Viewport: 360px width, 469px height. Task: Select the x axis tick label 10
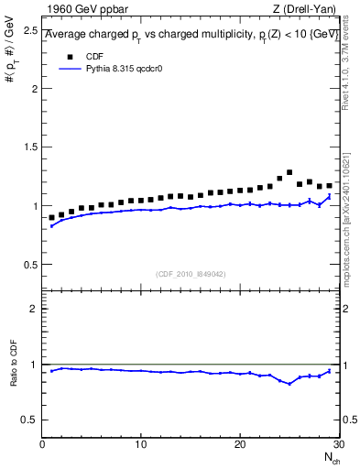(140, 444)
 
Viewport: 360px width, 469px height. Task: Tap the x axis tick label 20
(239, 444)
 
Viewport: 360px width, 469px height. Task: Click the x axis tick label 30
(337, 444)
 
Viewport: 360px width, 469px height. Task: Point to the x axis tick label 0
(42, 444)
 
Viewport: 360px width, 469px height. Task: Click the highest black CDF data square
(289, 172)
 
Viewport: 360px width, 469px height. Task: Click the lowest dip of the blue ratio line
(289, 384)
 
